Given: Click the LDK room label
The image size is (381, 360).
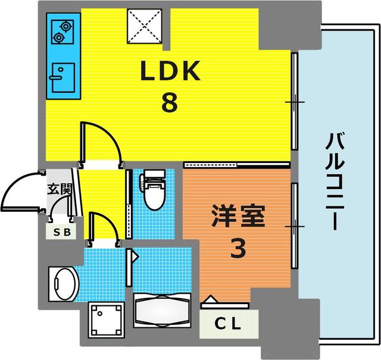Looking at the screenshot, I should pyautogui.click(x=169, y=73).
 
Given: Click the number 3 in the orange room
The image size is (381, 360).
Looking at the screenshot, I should pyautogui.click(x=238, y=249).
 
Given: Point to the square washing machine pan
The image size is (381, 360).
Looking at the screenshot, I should pyautogui.click(x=107, y=320).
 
